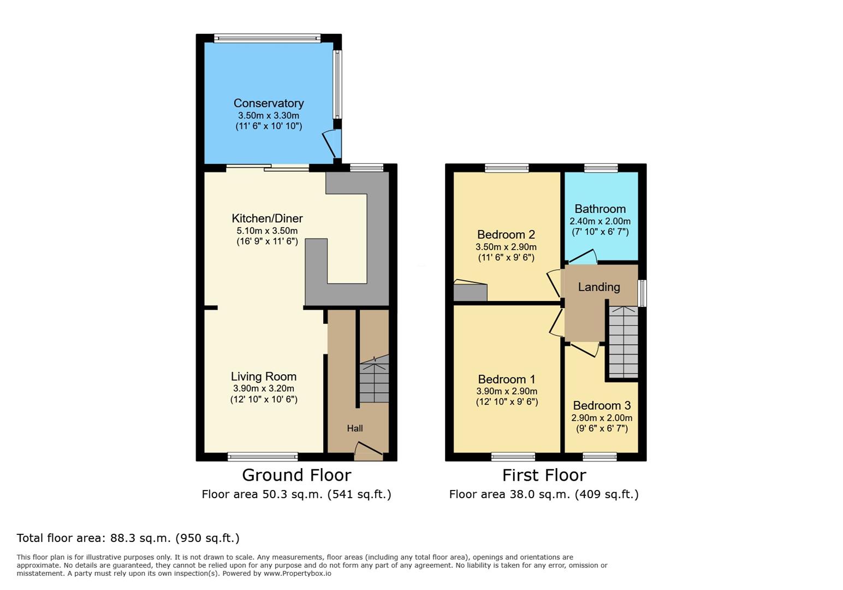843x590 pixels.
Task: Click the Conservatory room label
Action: [268, 103]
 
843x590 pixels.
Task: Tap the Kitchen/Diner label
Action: [267, 219]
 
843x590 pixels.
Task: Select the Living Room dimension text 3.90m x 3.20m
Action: [263, 388]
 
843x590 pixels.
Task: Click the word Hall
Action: [355, 428]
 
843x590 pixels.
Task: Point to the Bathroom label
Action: [600, 209]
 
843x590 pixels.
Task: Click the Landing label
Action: [599, 287]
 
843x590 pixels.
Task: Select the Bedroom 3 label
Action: [601, 405]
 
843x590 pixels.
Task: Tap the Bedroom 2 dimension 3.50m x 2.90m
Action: [506, 247]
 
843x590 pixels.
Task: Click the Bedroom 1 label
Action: [507, 379]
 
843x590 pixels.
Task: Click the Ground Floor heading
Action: [296, 475]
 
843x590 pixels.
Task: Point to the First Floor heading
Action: [544, 475]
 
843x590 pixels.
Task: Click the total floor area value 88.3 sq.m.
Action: [141, 538]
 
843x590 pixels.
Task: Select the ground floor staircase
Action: [374, 379]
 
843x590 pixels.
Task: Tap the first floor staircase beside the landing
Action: [623, 342]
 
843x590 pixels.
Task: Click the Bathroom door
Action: [582, 256]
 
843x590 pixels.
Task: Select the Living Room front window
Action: [263, 457]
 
